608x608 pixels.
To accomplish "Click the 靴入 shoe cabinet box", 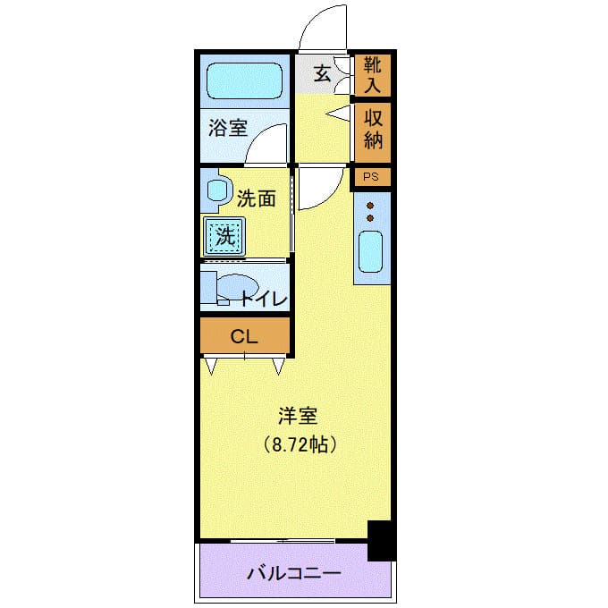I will pos(373,75).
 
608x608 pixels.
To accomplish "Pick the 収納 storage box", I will pos(373,131).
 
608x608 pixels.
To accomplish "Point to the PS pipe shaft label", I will pos(372,177).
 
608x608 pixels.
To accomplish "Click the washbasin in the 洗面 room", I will pos(215,190).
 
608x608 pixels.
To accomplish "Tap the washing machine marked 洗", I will pos(225,237).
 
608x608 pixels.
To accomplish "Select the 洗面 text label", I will pos(256,198).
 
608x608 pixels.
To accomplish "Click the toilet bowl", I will pos(234,290).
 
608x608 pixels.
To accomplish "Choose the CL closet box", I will pos(244,337).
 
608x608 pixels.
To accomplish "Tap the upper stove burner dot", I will pos(369,205).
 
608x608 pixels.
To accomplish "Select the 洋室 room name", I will pos(298,416).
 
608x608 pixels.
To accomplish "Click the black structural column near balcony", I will pos(381,540).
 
